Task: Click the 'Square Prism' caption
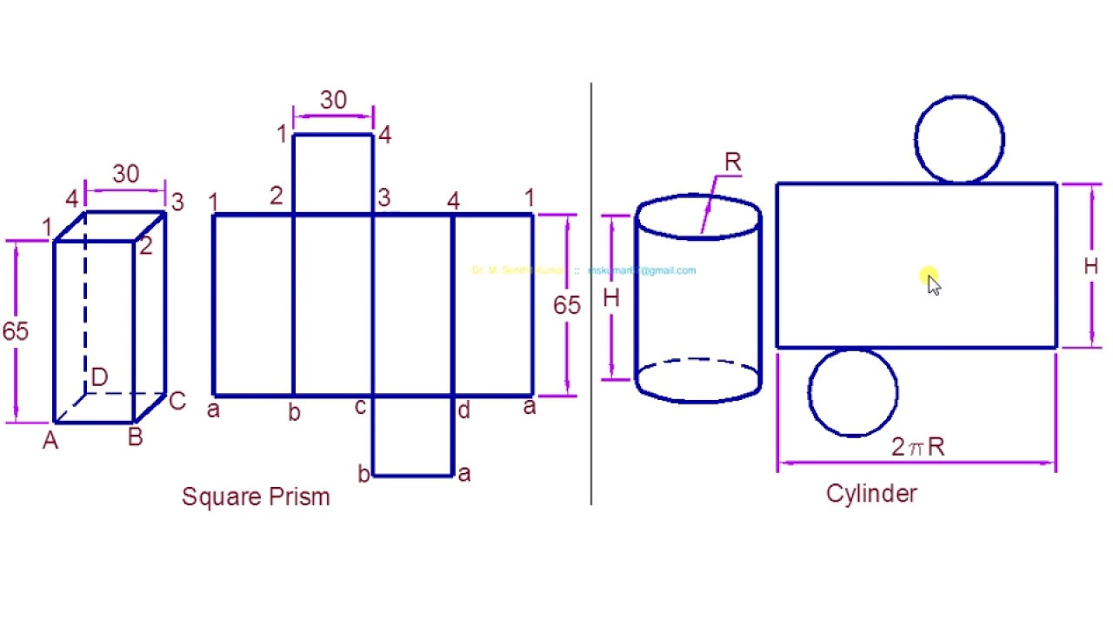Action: tap(256, 497)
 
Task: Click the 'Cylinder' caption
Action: tap(871, 494)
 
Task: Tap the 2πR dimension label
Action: tap(917, 447)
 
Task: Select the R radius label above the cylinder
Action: tap(732, 163)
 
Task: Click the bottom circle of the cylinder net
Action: tap(852, 392)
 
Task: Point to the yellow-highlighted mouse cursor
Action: tap(930, 281)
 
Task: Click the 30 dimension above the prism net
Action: tap(333, 101)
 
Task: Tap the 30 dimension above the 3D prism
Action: tap(125, 175)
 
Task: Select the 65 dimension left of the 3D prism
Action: tap(15, 331)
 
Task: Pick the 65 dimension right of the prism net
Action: tap(566, 305)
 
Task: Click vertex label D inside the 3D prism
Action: tap(99, 377)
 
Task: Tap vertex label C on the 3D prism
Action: tap(177, 401)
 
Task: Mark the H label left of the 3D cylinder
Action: tap(611, 298)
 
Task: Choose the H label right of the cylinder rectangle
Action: tap(1090, 267)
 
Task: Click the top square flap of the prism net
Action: tap(333, 174)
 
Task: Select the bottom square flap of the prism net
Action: tap(413, 436)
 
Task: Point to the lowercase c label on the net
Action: tap(360, 406)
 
